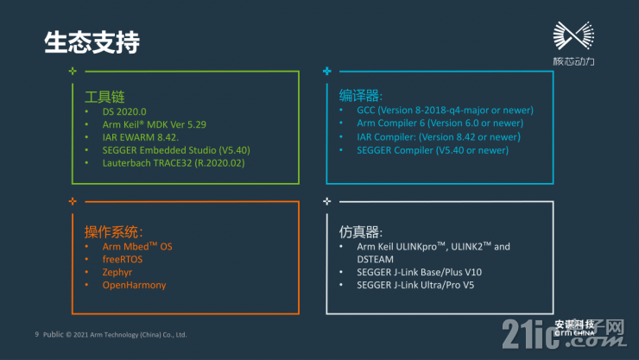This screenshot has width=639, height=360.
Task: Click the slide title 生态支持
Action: pos(92,42)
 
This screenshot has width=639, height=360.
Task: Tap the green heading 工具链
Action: pos(104,97)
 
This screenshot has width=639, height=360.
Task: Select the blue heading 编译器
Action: pos(361,96)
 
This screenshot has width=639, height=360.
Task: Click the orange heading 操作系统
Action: pos(114,231)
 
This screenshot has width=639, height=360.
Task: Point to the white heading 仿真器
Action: pos(361,231)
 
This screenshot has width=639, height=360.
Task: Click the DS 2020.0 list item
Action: pos(124,111)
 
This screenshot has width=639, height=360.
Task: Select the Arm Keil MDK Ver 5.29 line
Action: pos(154,124)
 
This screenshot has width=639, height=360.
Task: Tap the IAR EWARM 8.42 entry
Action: pos(141,137)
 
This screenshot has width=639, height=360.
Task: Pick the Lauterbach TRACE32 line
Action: pos(174,163)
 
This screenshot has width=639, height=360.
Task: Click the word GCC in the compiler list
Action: pos(365,110)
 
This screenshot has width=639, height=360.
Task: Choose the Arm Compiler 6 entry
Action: pos(440,123)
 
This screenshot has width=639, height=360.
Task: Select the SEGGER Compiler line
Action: pos(433,150)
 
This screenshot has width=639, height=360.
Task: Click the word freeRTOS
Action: pos(123,259)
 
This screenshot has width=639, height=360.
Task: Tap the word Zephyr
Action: pos(117,273)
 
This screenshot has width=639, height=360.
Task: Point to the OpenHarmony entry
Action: pos(134,285)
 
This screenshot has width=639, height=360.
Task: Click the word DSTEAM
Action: pos(376,259)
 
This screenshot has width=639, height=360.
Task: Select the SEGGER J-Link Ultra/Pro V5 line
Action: pos(415,285)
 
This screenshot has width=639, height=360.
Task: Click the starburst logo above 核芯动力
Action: pos(573,36)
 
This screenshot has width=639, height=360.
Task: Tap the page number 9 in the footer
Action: pos(36,334)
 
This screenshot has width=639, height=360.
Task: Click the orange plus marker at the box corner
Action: pos(73,201)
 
